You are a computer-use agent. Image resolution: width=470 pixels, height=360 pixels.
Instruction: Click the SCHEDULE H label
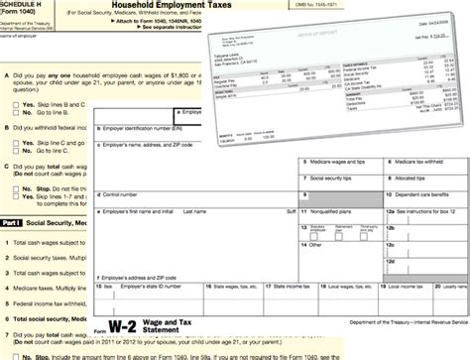25,6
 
